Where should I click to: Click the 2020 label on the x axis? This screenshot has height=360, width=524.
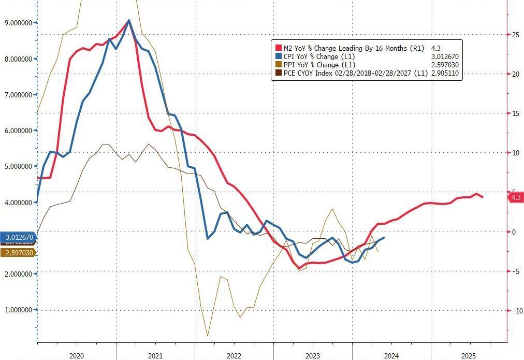pos(76,355)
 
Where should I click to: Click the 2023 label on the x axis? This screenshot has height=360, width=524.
pos(312,355)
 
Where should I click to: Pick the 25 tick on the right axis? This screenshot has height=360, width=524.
pos(516,35)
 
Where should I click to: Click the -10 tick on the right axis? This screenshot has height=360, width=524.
pos(516,311)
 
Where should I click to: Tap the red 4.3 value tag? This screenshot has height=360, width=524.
pos(516,197)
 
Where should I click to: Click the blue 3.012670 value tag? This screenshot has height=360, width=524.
pos(19,238)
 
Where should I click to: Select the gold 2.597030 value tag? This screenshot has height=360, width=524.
pos(19,252)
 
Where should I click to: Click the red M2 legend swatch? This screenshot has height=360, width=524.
pos(278,48)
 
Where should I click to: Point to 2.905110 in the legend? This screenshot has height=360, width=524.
pos(445,74)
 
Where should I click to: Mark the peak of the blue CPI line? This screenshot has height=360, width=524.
pos(128,20)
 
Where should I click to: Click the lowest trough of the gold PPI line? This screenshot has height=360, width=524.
pos(208,336)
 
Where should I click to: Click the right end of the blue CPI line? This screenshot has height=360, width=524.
pos(384,238)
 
